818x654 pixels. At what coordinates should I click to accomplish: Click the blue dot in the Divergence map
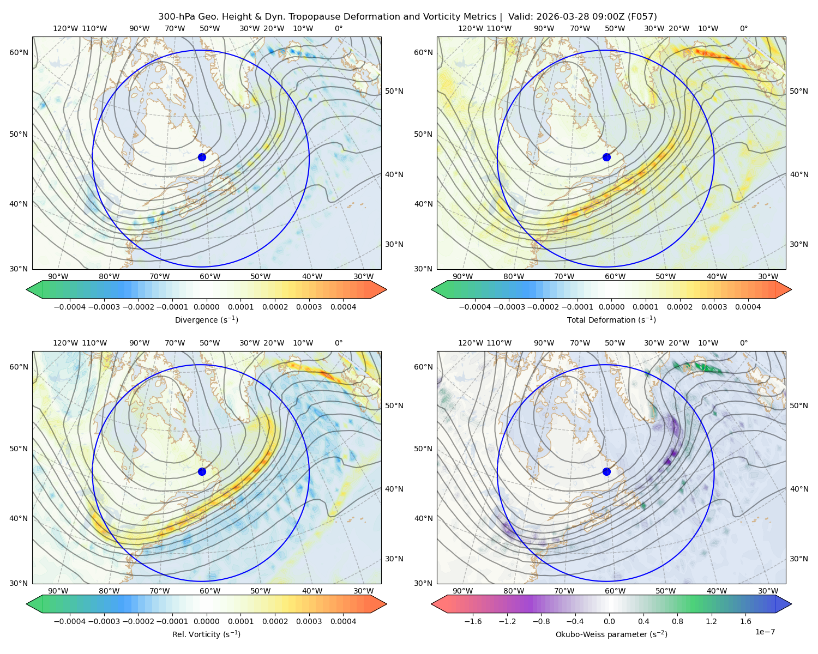[x=202, y=157]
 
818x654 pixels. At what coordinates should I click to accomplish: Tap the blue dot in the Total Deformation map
[x=606, y=157]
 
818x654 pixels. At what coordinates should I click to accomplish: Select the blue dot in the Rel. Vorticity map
[x=202, y=471]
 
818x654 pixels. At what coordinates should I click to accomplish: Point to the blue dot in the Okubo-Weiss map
[x=606, y=471]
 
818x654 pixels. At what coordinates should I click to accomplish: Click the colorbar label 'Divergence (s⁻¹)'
[x=206, y=319]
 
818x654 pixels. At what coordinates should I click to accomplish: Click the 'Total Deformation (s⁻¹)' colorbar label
[x=611, y=319]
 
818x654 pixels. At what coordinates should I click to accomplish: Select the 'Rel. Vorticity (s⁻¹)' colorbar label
[x=206, y=634]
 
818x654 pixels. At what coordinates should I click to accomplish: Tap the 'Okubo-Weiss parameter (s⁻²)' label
[x=611, y=634]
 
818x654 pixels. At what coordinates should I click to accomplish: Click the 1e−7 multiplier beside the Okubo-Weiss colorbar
[x=765, y=632]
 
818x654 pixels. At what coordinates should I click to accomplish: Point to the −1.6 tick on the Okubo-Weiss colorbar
[x=473, y=621]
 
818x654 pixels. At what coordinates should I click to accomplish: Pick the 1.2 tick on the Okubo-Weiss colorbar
[x=711, y=621]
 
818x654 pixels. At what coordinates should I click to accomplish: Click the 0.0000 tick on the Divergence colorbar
[x=206, y=307]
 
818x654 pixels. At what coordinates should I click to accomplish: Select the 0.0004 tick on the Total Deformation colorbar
[x=748, y=307]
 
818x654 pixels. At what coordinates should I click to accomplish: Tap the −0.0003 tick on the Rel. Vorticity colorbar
[x=104, y=621]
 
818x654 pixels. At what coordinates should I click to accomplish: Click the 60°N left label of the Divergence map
[x=19, y=52]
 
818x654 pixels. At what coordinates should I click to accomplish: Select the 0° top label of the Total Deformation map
[x=743, y=28]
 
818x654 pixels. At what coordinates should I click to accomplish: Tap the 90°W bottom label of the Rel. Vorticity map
[x=58, y=591]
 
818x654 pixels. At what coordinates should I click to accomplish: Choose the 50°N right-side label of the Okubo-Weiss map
[x=798, y=405]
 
